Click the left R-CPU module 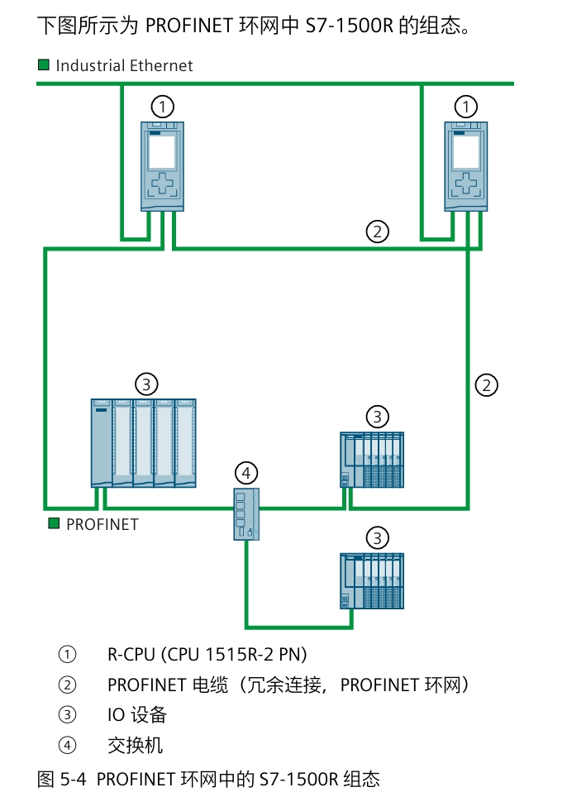click(162, 165)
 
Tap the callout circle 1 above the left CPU click(163, 107)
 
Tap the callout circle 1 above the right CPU click(467, 107)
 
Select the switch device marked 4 click(245, 513)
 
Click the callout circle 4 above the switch click(245, 473)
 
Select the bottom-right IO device click(372, 580)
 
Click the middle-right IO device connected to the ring click(372, 459)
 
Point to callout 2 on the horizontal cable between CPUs click(377, 231)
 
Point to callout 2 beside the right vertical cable click(487, 384)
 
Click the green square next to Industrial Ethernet click(44, 64)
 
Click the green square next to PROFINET click(54, 523)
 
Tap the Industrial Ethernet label click(124, 65)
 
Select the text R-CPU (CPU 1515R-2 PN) click(207, 655)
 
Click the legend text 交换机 click(136, 745)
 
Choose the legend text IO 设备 click(137, 714)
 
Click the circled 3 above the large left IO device click(145, 384)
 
